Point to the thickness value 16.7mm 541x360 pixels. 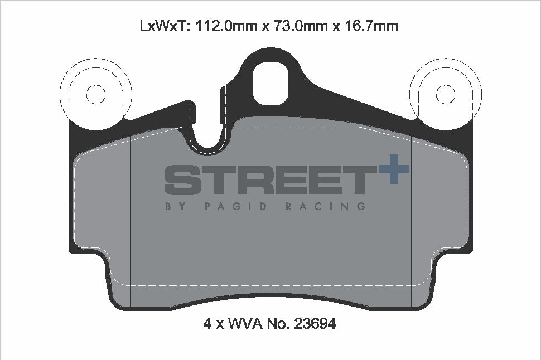(371, 26)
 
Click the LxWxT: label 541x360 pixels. (163, 26)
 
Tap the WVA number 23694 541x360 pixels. (315, 323)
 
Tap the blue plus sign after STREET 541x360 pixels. (394, 169)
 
